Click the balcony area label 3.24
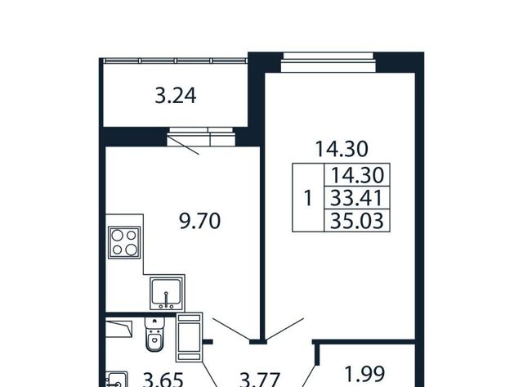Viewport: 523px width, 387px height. coord(176,96)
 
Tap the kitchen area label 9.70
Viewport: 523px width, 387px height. coord(199,221)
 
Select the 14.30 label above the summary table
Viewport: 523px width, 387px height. coord(342,149)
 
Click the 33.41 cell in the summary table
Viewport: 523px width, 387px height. coord(356,198)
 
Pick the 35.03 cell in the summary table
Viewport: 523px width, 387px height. coord(356,220)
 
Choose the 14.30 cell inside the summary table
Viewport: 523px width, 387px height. coord(356,175)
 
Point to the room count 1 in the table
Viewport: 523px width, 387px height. coord(308,198)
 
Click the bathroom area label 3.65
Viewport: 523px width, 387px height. coord(163,380)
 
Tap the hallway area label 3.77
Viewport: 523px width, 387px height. coord(260,380)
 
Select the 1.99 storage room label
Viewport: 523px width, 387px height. coord(365,374)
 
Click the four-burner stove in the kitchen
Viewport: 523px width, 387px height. coord(124,242)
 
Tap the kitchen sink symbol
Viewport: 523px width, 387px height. coord(167,293)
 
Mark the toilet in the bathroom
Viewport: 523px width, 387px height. coord(154,334)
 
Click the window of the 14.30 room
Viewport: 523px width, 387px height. coord(329,62)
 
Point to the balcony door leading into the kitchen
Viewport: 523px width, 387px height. coord(201,137)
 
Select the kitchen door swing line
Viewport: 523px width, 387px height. coord(231,330)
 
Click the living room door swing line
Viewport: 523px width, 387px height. coord(285,330)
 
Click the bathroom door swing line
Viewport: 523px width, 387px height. coord(209,374)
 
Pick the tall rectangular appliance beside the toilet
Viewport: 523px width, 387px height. coord(190,337)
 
